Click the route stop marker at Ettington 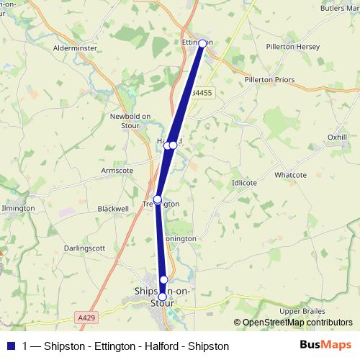[202, 43]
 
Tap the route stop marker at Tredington [158, 199]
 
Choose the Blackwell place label [112, 208]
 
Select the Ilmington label [19, 207]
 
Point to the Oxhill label [337, 136]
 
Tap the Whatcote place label [291, 175]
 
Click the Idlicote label [244, 183]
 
